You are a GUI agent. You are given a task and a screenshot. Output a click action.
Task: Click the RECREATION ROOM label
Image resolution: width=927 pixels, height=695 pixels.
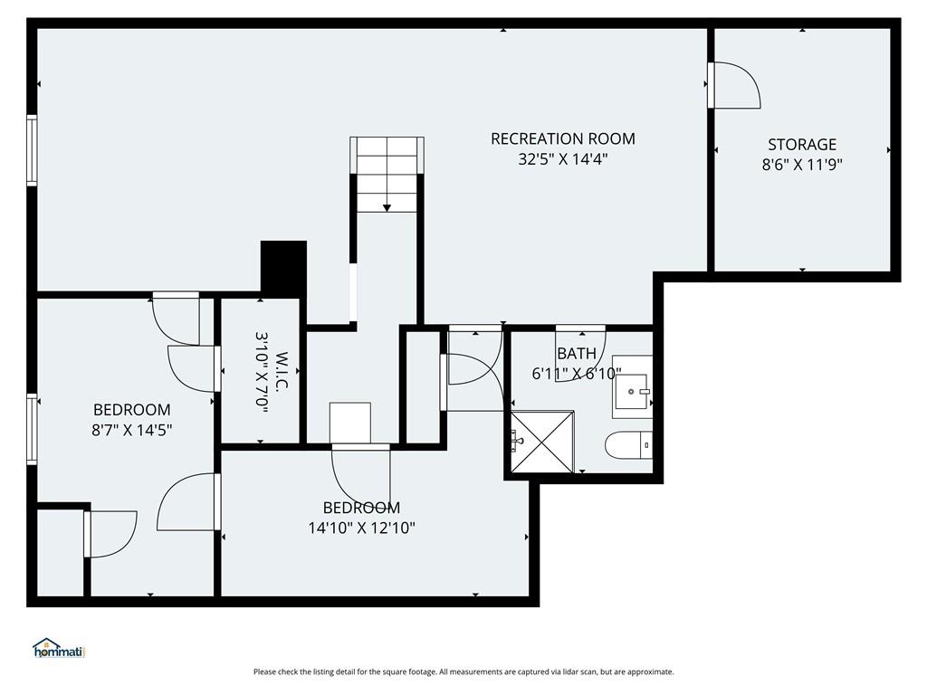point(563,138)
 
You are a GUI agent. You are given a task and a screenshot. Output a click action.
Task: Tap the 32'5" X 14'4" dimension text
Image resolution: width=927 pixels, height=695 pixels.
point(563,159)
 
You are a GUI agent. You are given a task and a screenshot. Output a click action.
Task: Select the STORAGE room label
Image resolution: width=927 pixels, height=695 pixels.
point(802,144)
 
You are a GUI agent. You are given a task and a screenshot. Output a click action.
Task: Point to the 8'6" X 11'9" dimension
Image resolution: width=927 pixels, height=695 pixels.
point(802,165)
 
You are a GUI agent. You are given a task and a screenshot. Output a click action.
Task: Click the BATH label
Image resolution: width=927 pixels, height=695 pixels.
point(577,354)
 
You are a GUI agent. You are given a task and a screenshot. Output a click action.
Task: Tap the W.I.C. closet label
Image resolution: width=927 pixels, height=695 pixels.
point(282,370)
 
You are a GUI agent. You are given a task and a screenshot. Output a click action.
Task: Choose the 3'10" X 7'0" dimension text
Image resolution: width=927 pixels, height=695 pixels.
point(262,372)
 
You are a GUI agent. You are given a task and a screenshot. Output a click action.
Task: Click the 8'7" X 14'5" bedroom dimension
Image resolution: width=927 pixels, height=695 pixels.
point(132,430)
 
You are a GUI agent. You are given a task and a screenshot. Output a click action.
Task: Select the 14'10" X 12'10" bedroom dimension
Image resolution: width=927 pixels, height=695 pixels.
point(362,528)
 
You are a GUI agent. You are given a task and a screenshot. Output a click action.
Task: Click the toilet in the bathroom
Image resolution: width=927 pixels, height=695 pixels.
point(629,445)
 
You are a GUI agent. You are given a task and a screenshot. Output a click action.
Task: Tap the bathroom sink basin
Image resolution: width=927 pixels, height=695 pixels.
point(631,391)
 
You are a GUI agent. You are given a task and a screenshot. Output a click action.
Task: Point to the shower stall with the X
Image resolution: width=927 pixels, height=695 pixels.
point(542,442)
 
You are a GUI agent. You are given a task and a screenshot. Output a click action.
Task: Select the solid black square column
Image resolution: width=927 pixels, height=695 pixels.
point(283,267)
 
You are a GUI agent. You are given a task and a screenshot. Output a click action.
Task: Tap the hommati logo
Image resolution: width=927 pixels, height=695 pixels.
point(60,648)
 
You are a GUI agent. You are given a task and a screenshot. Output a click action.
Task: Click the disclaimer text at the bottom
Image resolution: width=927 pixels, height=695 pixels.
point(463,672)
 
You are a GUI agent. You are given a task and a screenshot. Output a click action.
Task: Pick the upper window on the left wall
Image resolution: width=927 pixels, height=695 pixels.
point(32,151)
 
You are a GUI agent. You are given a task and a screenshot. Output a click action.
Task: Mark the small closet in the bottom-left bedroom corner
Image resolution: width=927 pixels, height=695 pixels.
point(61,553)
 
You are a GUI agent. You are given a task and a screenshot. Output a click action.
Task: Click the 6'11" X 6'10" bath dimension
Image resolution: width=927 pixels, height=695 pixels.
point(577,374)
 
